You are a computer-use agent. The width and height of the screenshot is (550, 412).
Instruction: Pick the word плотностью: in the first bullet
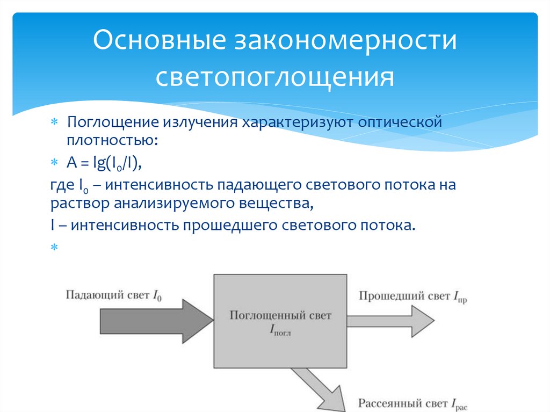click(x=112, y=141)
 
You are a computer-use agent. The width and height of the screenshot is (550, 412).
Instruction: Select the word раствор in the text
click(x=79, y=204)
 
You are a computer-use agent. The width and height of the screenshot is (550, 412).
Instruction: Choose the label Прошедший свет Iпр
click(x=411, y=296)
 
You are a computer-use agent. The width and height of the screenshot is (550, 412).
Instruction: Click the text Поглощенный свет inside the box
click(x=280, y=315)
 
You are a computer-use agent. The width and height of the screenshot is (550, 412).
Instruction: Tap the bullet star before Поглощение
click(x=54, y=122)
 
